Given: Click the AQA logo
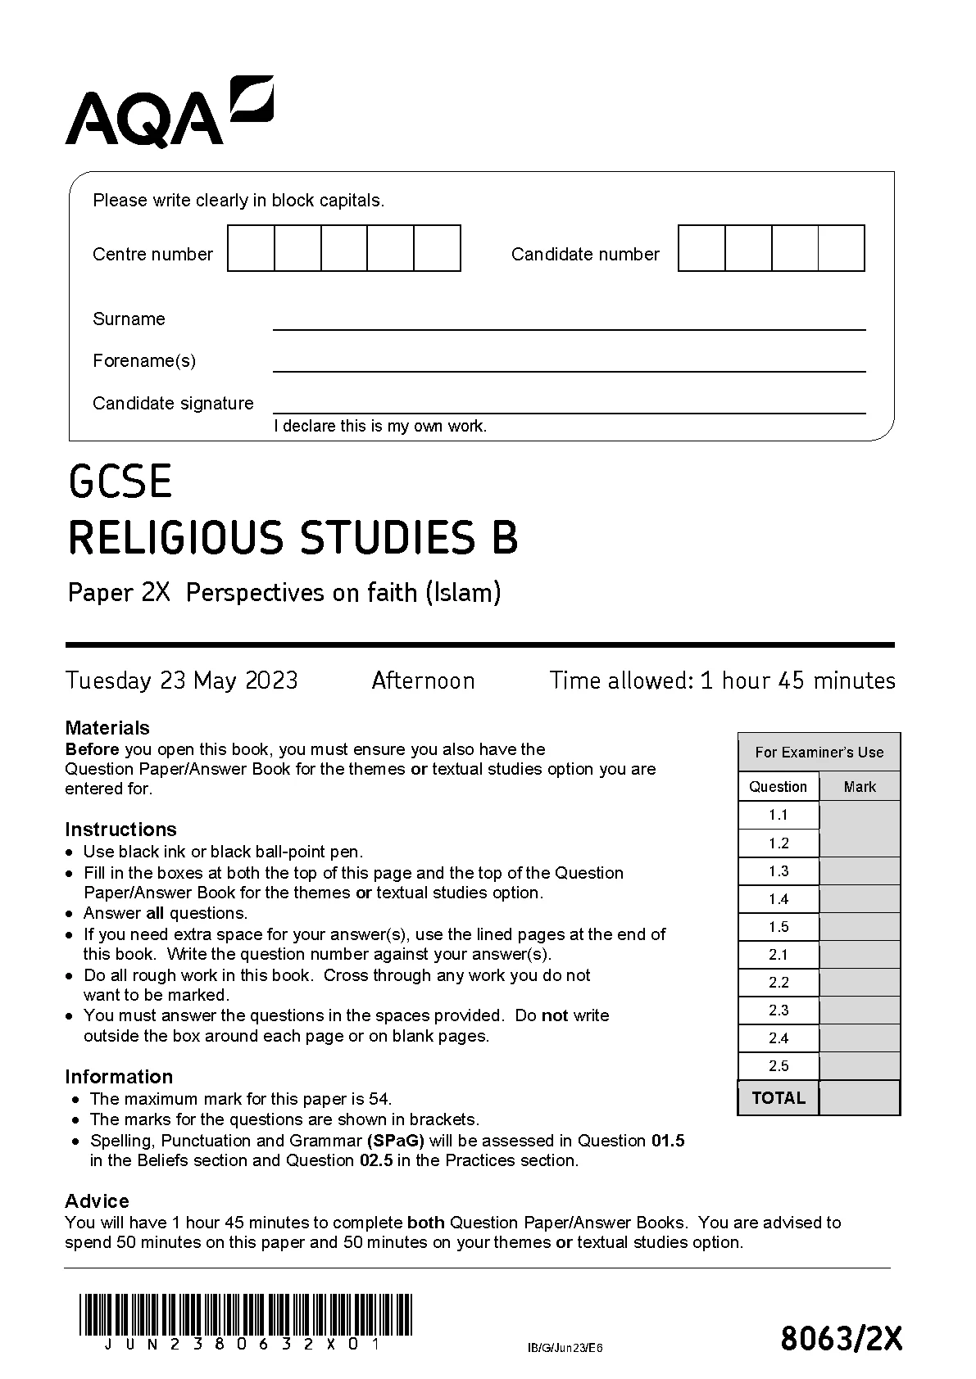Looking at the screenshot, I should [168, 112].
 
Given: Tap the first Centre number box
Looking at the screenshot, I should [251, 248].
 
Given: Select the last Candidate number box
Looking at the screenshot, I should [841, 248].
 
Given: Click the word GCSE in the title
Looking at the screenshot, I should [120, 482].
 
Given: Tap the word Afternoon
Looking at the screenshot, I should [423, 680].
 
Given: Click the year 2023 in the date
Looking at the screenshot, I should [271, 680].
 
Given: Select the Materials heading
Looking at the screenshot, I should [107, 727].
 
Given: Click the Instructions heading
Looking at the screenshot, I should [120, 829].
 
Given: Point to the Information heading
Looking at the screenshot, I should [119, 1076].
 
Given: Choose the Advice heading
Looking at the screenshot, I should [97, 1200].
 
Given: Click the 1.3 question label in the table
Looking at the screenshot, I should [779, 871].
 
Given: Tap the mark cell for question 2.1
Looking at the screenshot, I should [860, 955].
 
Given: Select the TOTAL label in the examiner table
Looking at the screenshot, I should [779, 1098].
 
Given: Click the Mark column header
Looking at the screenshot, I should [860, 787].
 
